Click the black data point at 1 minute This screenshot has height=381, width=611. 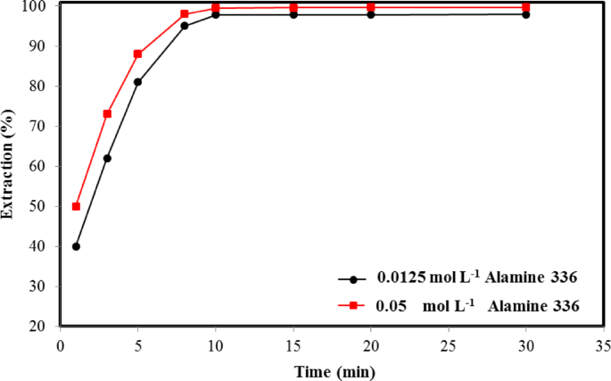coord(76,246)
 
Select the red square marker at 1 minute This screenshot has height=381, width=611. coord(76,206)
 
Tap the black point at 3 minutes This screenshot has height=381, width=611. coord(107,158)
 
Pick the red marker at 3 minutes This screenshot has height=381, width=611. coord(107,113)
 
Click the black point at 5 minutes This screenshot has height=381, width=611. coord(138,82)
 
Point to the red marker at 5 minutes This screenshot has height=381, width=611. coord(138,54)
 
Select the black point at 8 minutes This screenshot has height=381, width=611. coord(185,26)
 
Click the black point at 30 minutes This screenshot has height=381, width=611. coord(525,14)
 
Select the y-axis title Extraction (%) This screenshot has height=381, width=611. coord(9,167)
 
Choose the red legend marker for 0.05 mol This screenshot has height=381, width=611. coord(353,305)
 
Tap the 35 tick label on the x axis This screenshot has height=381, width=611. coord(603,344)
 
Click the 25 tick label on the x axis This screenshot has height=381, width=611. coord(448,344)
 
